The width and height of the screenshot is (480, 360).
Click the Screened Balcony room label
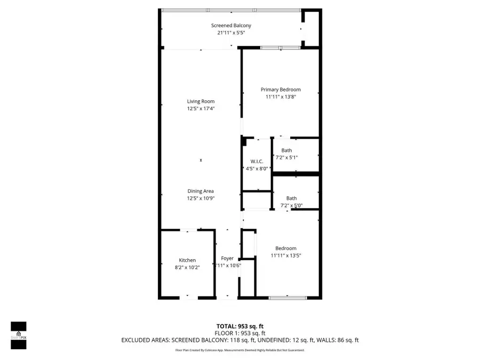click(x=231, y=26)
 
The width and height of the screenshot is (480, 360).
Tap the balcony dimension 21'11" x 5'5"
click(x=231, y=33)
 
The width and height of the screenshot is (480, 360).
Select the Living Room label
click(x=201, y=101)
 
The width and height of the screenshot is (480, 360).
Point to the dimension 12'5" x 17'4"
click(x=201, y=108)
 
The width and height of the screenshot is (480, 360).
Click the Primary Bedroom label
click(x=281, y=90)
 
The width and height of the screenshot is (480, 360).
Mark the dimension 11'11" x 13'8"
click(x=281, y=97)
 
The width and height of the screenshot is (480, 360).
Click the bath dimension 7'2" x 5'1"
click(x=286, y=157)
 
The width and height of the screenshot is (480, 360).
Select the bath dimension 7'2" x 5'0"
click(x=291, y=205)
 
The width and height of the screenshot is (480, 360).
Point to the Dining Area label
click(x=201, y=191)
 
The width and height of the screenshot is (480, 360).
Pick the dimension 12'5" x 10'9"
click(x=201, y=198)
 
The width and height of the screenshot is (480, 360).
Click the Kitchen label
click(x=187, y=260)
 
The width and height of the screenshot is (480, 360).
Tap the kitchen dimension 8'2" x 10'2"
click(x=187, y=267)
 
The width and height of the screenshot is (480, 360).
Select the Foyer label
click(x=227, y=259)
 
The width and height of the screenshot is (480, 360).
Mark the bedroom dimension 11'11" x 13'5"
click(x=286, y=255)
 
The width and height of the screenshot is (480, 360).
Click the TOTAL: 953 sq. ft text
click(x=239, y=326)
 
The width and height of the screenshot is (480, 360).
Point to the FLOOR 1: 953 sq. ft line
click(x=239, y=333)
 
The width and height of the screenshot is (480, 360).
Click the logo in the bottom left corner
click(x=19, y=335)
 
